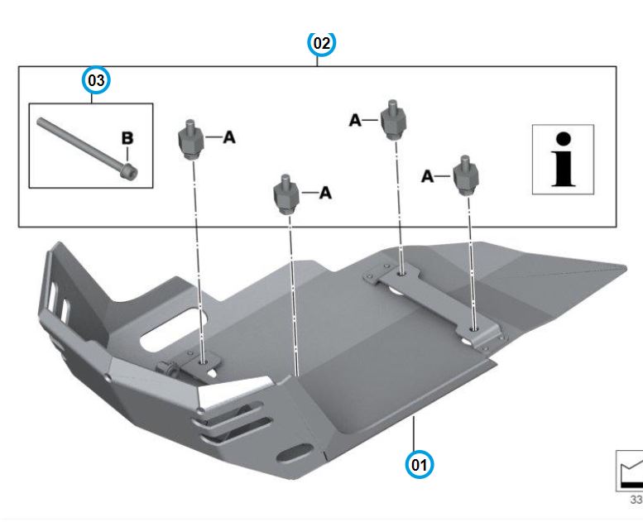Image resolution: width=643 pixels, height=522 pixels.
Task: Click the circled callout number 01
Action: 420,464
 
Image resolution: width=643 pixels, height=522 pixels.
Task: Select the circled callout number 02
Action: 322,42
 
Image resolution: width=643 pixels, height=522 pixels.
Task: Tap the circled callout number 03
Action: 97,80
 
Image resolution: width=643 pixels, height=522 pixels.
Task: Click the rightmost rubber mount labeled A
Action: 467,176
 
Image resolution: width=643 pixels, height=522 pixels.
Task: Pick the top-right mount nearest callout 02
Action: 392,120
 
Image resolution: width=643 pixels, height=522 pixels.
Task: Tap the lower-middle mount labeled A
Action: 285,194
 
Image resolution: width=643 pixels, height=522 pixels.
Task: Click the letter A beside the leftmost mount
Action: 229,137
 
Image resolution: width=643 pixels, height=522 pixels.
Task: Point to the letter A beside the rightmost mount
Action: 428,176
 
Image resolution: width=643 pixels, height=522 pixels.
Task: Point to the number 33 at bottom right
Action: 636,500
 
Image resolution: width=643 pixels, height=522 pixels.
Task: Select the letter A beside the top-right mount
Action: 355,121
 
